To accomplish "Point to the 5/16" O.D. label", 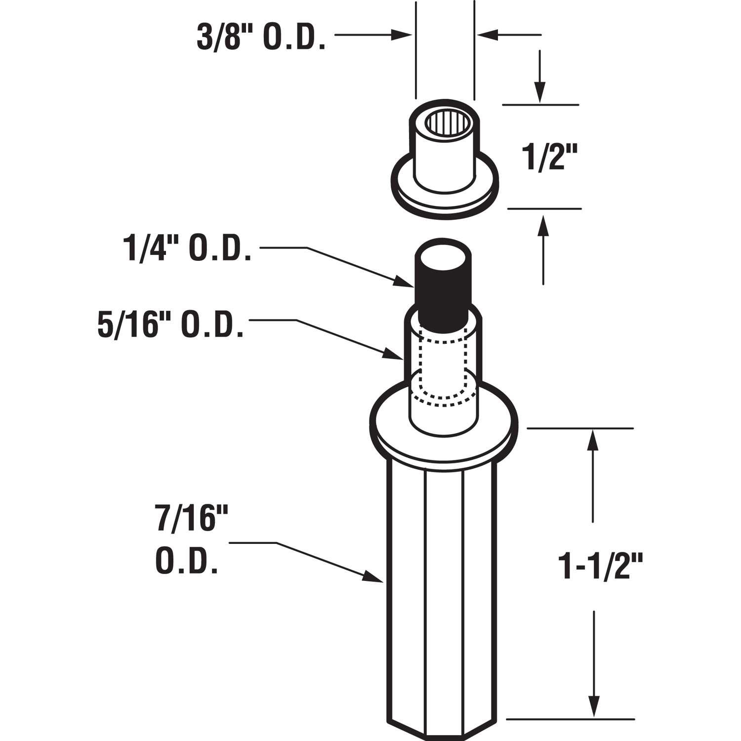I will [x=171, y=326].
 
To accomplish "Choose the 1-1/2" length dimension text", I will [x=600, y=567].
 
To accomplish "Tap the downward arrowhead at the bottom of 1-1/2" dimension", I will [x=592, y=706].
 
